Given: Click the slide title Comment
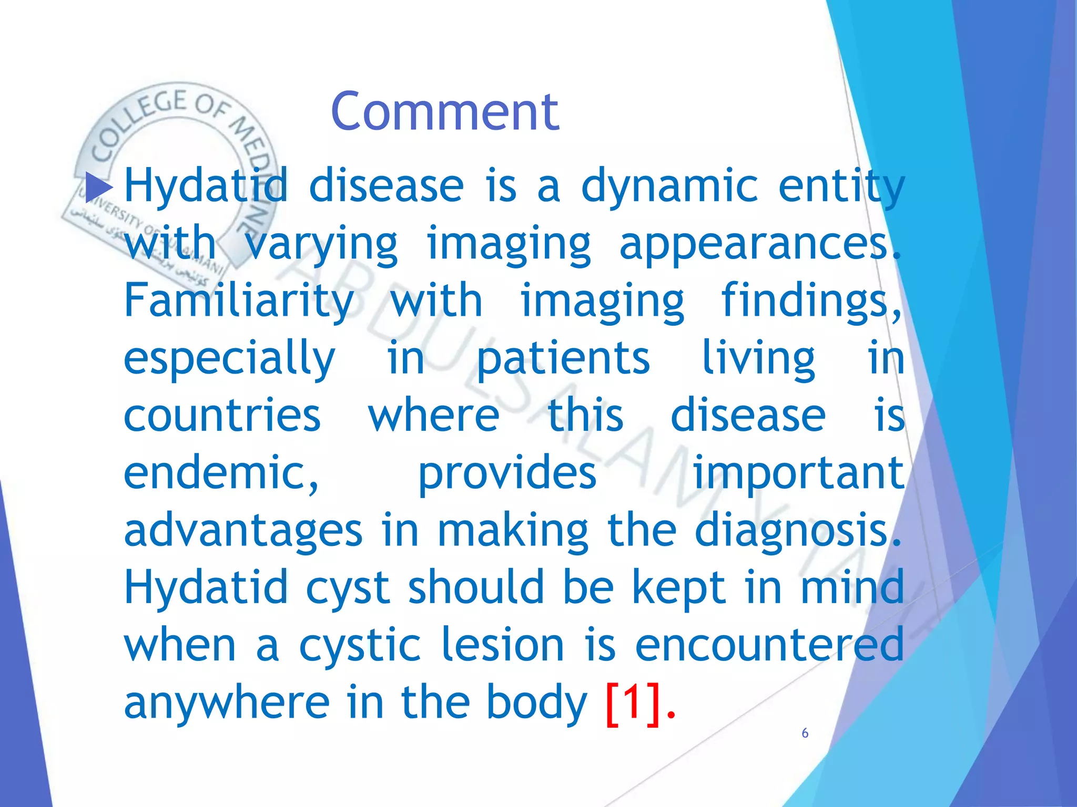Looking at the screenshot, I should pos(445,111).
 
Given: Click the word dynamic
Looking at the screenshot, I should pos(669,187).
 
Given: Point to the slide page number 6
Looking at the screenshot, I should pos(805,733).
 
